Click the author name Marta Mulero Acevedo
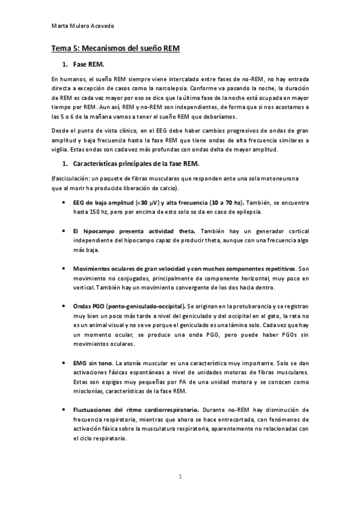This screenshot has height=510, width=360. point(81,26)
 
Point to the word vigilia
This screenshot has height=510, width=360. point(61,149)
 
